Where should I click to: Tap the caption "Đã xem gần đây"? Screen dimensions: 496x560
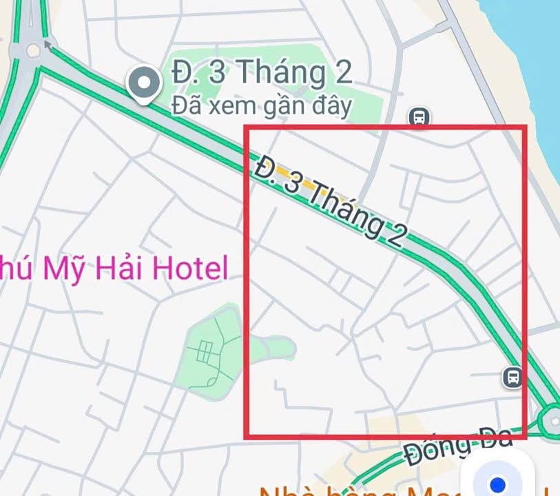261,106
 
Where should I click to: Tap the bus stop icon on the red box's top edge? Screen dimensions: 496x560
418,118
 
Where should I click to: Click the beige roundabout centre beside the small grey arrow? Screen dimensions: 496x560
32,50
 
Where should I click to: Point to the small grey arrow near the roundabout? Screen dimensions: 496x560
47,45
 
